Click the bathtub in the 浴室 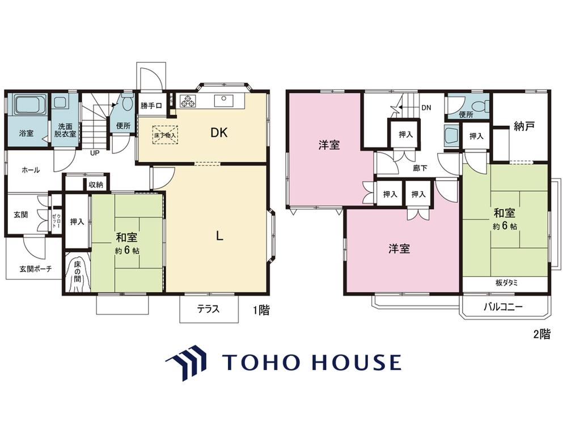point(31,104)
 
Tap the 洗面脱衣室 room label point(65,130)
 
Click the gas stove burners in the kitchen point(188,100)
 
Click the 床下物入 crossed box point(165,135)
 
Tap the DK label point(219,133)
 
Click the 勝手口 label point(151,106)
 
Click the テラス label point(208,309)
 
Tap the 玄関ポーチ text point(35,269)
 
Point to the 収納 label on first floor point(96,185)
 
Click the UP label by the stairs point(94,153)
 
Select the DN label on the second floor point(426,108)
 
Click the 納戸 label point(524,126)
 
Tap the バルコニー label point(503,308)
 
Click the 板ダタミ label point(506,283)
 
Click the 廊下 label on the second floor point(420,168)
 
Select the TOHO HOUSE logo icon point(186,362)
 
